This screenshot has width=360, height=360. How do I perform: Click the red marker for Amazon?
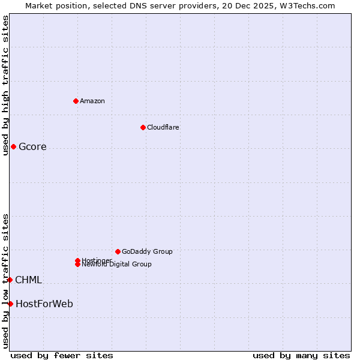pos(76,101)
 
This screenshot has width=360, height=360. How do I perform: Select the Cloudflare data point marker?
pos(143,127)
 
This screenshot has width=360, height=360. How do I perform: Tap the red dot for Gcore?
pos(13,146)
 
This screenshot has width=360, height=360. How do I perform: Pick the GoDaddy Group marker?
pos(118,251)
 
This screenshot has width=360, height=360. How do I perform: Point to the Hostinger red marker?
pos(77,260)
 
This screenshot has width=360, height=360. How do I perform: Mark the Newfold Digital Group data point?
pos(77,265)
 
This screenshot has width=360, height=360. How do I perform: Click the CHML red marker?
pos(10,280)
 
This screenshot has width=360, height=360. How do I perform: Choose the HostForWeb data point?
pos(10,304)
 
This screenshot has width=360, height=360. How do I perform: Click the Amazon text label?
pos(92,101)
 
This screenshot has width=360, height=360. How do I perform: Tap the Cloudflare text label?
pos(163,127)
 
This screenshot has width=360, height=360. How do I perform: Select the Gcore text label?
pos(32,147)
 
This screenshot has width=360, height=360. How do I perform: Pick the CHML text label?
pos(28,280)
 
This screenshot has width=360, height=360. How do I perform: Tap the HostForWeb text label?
pos(44,304)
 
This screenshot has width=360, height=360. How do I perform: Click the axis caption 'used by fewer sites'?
pos(62,356)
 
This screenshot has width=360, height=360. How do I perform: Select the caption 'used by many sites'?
pos(301,356)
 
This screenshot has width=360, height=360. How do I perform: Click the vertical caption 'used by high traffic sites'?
pos(5,85)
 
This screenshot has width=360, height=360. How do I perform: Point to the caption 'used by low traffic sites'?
pos(5,280)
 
